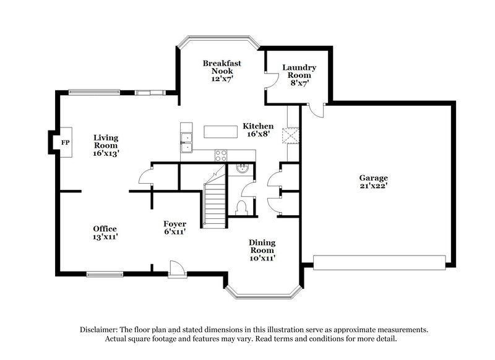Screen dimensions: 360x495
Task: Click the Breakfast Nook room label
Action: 222,71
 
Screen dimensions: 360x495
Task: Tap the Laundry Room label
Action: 299,75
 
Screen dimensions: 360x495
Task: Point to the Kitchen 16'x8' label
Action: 258,130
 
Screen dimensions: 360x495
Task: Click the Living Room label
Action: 106,145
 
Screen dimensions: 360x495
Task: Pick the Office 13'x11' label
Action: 105,233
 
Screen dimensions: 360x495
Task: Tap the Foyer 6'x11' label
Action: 175,228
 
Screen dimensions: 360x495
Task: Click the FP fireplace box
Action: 65,143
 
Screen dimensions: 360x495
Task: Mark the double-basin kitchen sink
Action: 186,141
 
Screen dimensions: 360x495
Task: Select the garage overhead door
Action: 379,262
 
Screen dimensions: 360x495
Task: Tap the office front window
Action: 103,273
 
